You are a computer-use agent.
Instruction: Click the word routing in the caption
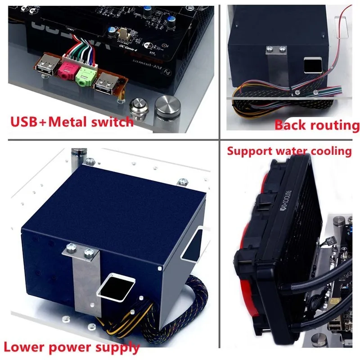tap(333, 125)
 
